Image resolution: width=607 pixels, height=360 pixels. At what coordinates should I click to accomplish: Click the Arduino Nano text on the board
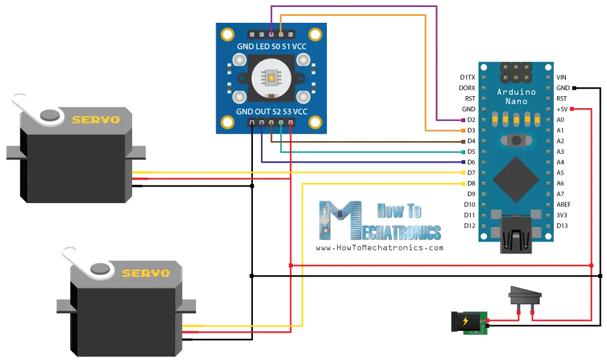(516, 97)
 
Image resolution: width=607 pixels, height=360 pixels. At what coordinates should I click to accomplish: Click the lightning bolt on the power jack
(465, 321)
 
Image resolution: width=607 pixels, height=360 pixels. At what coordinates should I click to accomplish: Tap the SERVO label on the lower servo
(145, 273)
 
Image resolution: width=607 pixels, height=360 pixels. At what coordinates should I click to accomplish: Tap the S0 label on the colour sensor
(276, 46)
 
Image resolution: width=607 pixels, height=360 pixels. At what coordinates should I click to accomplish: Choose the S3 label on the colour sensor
(288, 111)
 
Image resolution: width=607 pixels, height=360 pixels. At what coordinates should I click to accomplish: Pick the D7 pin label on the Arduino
(470, 173)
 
